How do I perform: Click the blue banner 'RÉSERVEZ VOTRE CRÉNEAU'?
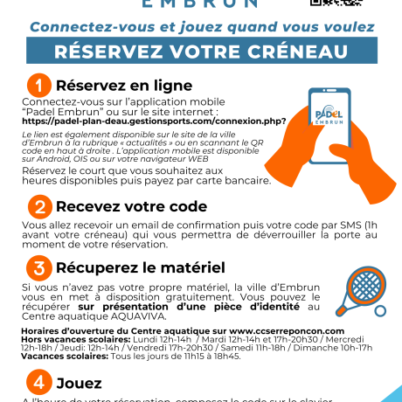tap(200, 52)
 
